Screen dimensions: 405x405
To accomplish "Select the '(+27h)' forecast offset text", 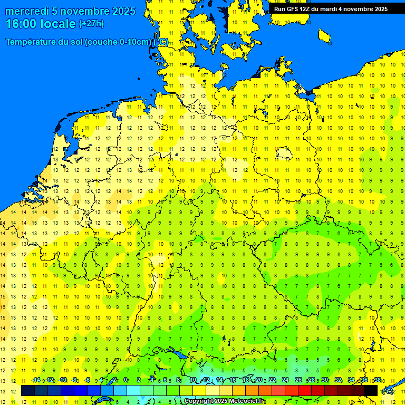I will click(x=91, y=24).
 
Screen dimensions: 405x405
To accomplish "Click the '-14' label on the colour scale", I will click(x=36, y=380).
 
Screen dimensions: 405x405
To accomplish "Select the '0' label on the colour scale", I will click(x=126, y=380).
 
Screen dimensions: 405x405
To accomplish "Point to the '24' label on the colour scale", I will click(x=285, y=380).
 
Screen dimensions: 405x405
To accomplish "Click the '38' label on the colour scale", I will click(x=377, y=380).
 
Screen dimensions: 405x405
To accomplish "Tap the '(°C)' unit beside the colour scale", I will click(x=387, y=391).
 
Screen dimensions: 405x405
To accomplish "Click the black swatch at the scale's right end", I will click(x=371, y=390).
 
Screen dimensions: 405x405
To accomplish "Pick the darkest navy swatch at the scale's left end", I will click(x=28, y=390).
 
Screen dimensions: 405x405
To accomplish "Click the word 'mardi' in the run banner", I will click(x=327, y=9).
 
